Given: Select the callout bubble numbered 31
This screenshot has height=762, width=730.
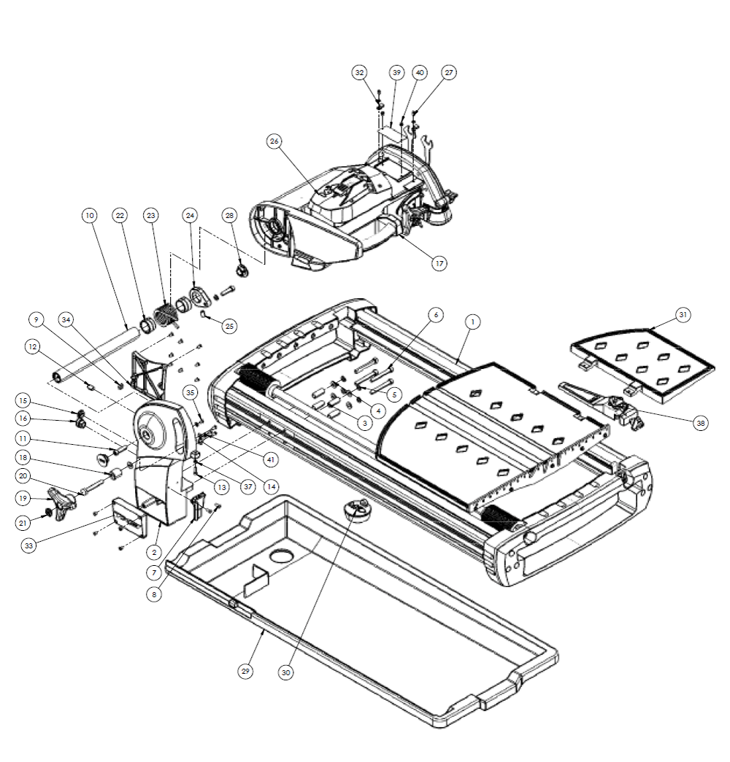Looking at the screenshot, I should (683, 315).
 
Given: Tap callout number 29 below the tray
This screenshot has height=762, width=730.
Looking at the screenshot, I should (246, 672).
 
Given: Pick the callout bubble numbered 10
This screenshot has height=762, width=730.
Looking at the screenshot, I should (89, 216).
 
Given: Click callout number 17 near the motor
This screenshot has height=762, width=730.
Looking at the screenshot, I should (438, 263).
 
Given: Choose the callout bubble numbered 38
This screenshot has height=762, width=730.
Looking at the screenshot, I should (700, 421).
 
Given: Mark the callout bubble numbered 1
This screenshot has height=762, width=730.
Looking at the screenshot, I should (472, 322).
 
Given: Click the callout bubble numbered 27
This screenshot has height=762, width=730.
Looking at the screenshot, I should (449, 73).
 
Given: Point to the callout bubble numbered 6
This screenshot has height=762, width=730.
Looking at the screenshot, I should (434, 314).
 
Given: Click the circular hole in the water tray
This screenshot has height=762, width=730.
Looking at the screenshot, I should (280, 556).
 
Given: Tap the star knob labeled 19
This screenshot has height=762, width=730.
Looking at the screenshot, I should (64, 501).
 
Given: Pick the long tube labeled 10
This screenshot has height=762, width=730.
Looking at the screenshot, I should (95, 354).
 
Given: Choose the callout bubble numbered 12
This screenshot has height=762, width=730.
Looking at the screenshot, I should (31, 347).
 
